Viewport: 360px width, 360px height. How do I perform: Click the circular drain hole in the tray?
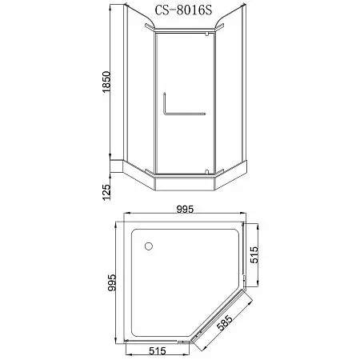[x=149, y=245]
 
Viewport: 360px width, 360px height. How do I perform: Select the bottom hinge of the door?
[x=207, y=170]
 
